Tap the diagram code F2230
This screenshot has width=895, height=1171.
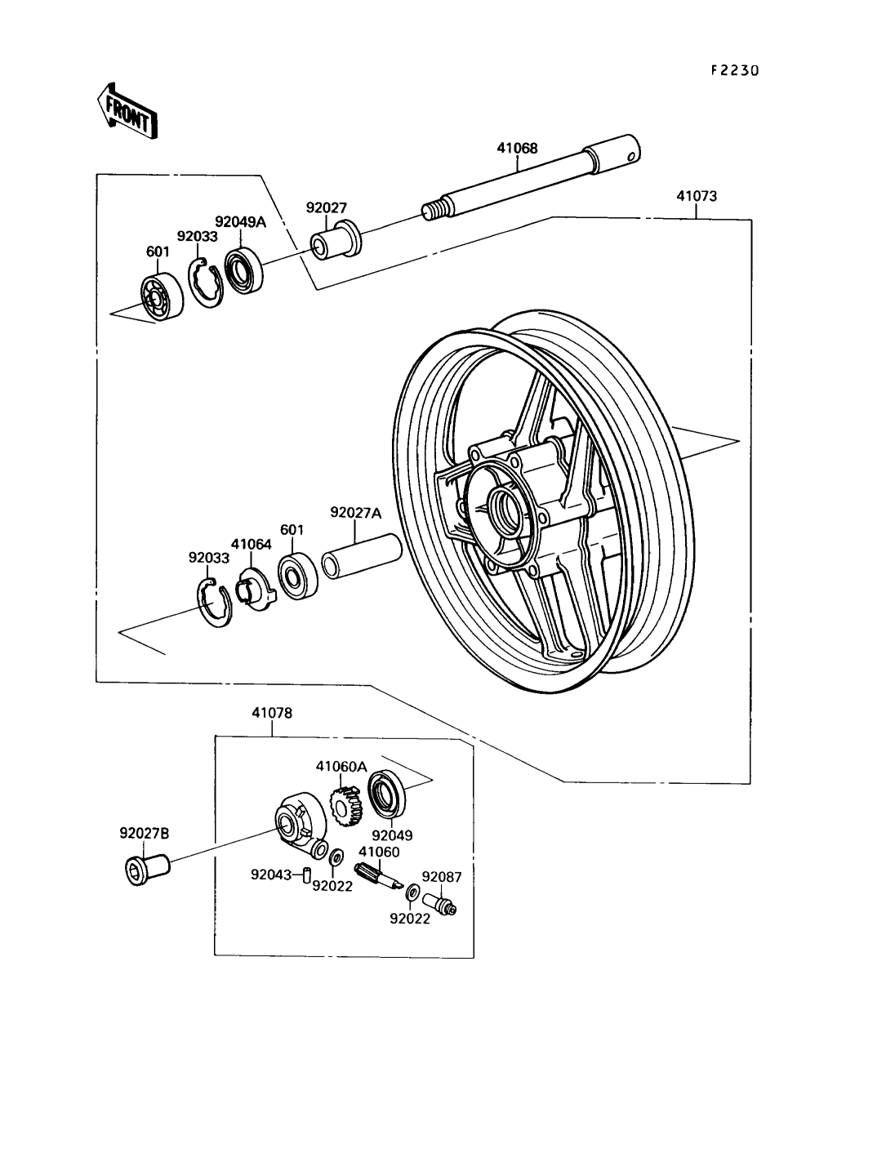pos(734,71)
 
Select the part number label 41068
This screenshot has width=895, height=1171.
pos(540,149)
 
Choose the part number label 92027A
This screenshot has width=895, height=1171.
pos(355,513)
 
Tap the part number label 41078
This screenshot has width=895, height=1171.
pos(272,713)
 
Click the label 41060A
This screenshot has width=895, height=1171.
pos(341,766)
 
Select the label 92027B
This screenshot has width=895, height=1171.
pos(145,834)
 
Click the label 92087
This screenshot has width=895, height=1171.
pos(443,878)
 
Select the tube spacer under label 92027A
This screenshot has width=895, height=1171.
pos(360,555)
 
